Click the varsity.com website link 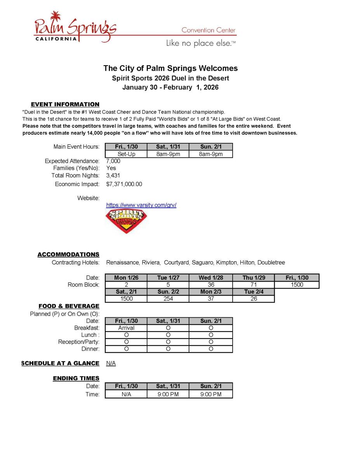(141, 205)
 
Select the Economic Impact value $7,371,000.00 (124, 184)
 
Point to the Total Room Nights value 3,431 (113, 176)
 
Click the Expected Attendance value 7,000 (113, 161)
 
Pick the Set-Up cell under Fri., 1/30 (126, 154)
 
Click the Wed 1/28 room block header (210, 278)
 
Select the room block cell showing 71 (254, 285)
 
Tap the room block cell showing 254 (168, 299)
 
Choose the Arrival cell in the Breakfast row (126, 328)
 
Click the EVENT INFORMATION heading (65, 104)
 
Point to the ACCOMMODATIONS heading (68, 254)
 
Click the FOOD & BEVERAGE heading (69, 306)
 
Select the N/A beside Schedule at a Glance (111, 363)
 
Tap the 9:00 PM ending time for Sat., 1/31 (168, 394)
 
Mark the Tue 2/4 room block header (254, 292)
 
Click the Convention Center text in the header (209, 30)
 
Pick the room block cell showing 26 (254, 299)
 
